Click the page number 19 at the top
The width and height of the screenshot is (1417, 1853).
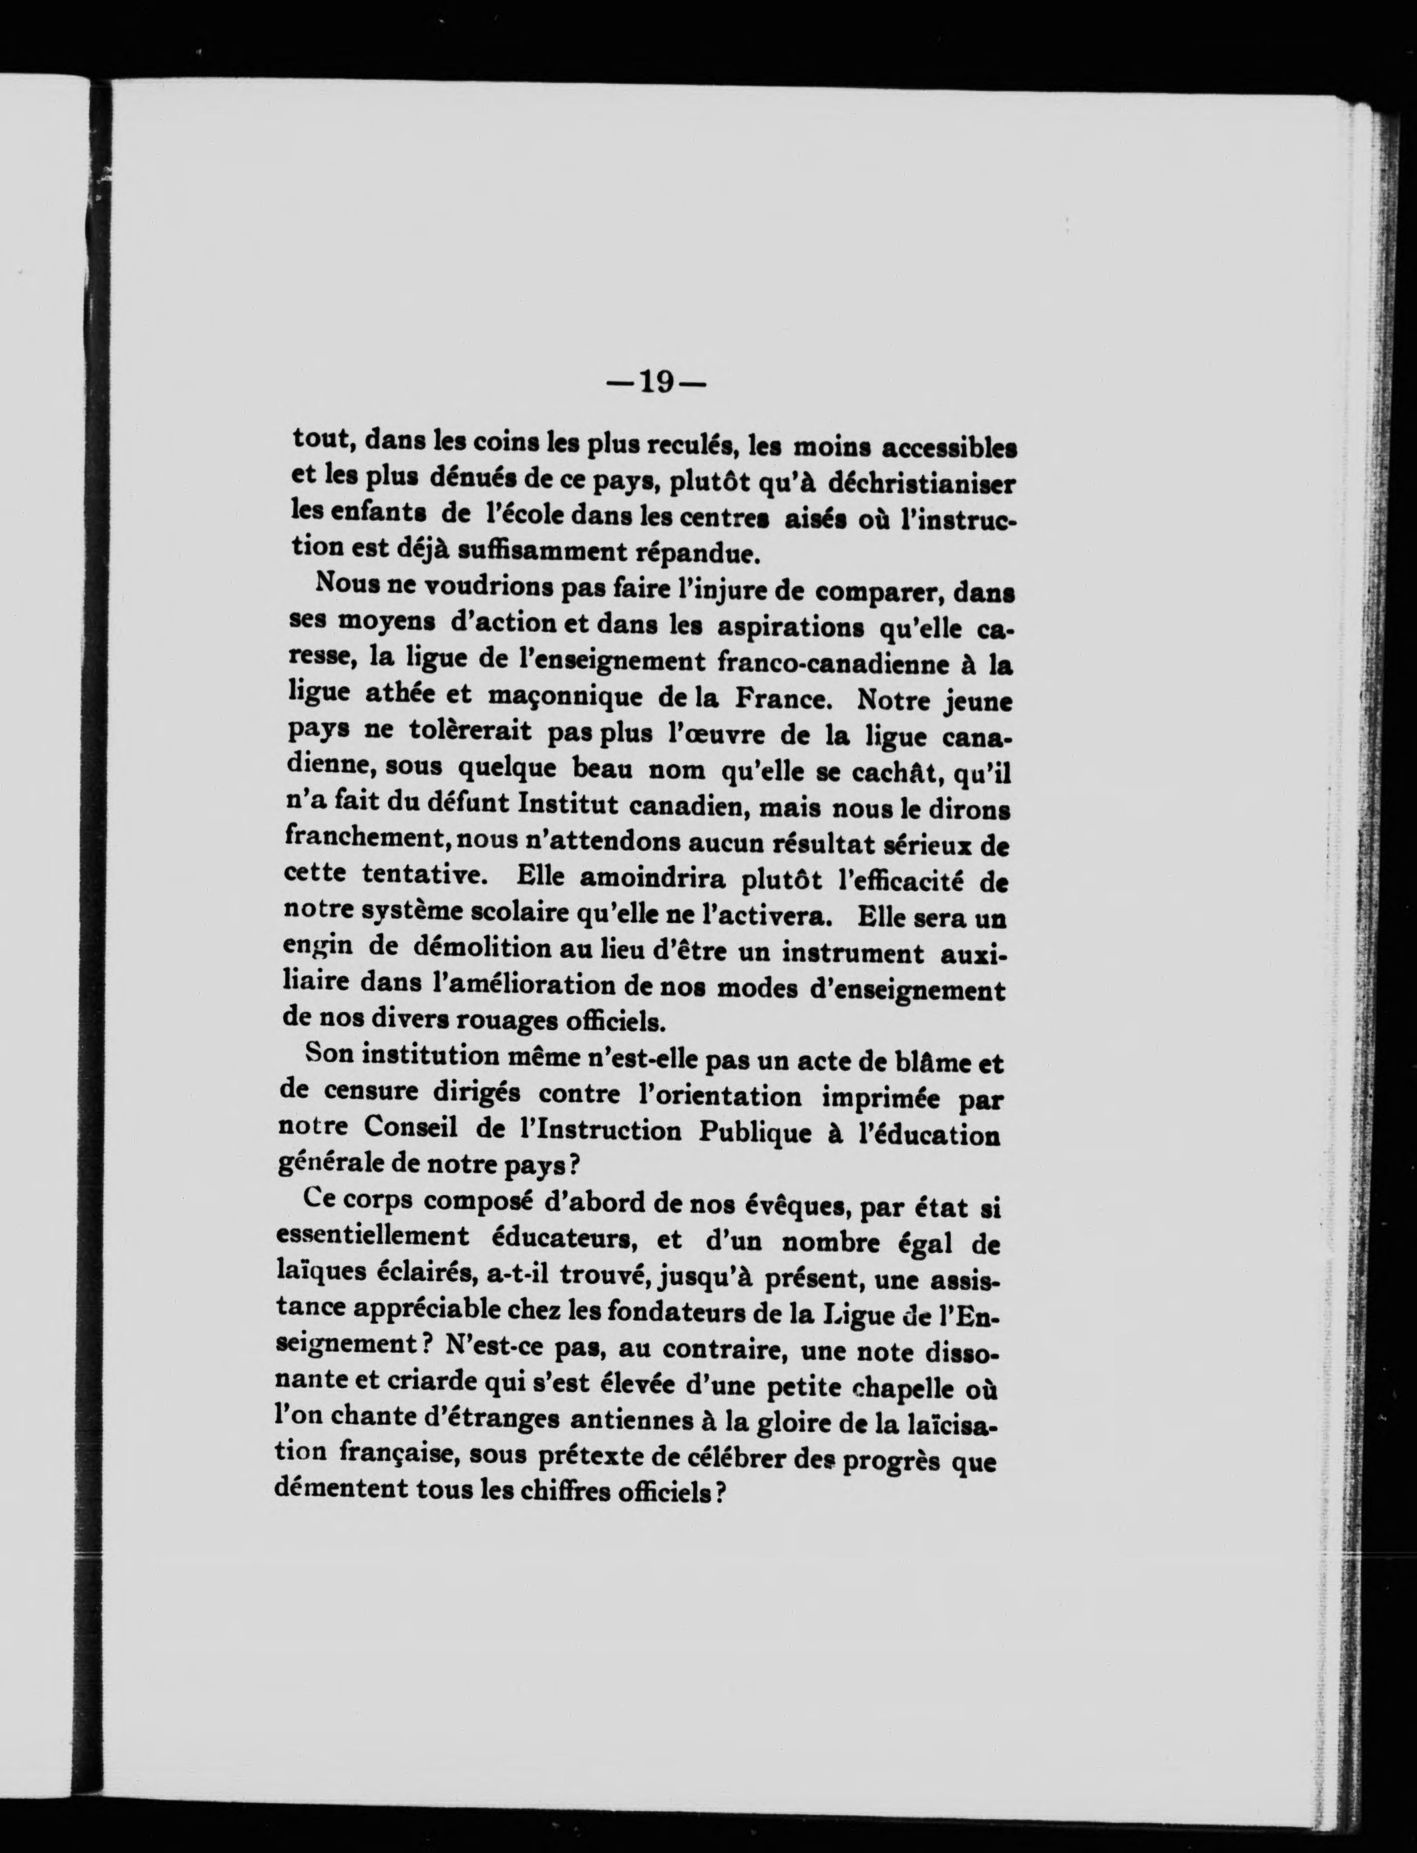(x=656, y=383)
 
